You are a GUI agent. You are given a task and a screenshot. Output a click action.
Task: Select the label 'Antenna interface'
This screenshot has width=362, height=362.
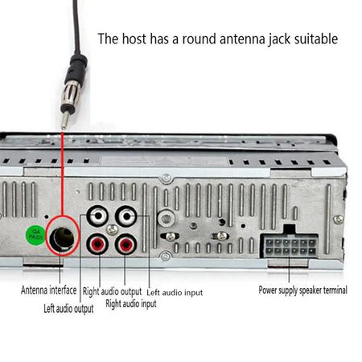(49, 290)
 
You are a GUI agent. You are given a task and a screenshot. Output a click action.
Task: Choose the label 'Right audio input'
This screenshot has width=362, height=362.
(130, 304)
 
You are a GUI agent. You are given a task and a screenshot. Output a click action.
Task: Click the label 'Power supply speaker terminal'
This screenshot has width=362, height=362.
(302, 290)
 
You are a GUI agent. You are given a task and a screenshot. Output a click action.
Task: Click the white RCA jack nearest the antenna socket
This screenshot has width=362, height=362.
(96, 217)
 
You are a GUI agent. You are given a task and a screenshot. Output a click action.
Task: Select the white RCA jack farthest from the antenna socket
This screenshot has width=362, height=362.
(125, 217)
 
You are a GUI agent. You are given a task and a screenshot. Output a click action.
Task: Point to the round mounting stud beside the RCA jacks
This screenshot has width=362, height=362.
(167, 217)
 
